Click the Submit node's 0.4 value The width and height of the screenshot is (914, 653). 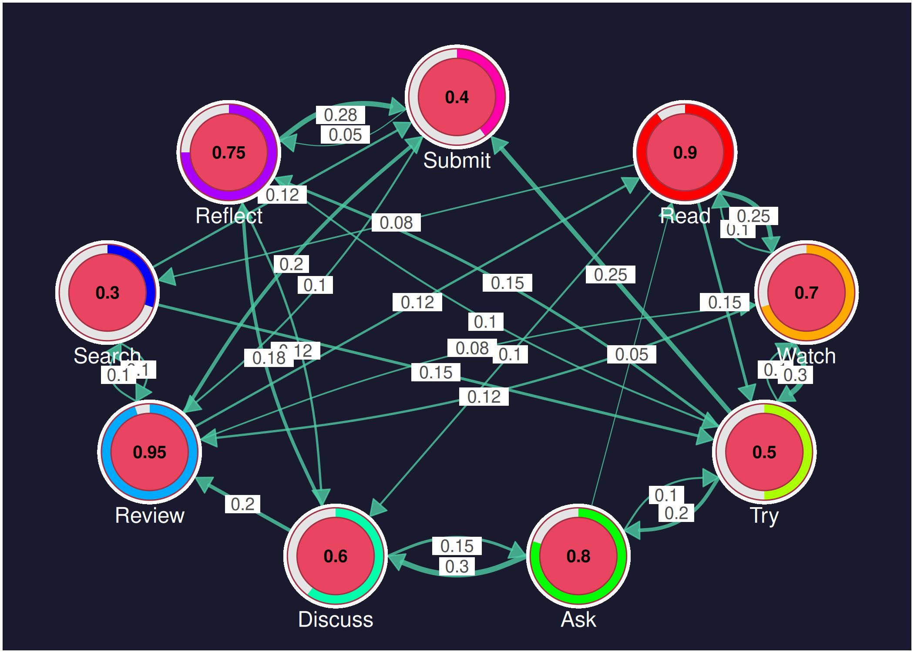457,97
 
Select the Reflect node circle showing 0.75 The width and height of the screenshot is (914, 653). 228,152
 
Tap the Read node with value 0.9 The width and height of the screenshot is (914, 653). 685,152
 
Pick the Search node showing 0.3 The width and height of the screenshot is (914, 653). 108,293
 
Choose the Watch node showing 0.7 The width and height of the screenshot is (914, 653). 806,293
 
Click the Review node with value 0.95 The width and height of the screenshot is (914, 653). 149,452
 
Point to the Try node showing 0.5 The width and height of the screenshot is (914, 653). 764,452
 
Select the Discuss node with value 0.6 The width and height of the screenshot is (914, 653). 336,556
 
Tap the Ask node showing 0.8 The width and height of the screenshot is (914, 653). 578,556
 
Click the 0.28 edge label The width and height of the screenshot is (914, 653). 340,115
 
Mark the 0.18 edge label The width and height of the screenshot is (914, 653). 269,358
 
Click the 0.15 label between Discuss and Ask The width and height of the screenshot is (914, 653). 457,545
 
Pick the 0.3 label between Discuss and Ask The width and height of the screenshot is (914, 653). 457,566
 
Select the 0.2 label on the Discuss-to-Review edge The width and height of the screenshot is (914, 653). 242,504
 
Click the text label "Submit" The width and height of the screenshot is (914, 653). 457,161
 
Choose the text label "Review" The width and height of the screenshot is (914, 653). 149,515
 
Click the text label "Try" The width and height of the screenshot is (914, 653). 764,515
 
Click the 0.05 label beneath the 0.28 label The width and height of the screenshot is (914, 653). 345,135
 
